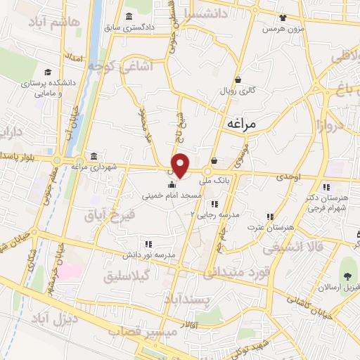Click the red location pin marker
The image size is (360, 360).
tap(181, 165)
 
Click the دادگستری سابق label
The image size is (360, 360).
tap(149, 29)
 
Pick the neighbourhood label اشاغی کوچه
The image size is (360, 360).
tap(117, 67)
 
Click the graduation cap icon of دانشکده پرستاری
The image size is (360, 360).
tap(48, 72)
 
